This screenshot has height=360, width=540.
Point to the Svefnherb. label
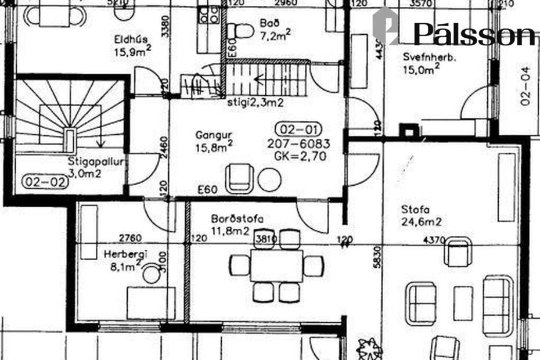point(430,57)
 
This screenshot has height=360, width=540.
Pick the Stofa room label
point(414,209)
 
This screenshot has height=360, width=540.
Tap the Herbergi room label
point(125,254)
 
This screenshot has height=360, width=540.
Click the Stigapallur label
point(95,163)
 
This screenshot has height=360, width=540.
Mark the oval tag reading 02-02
point(45,181)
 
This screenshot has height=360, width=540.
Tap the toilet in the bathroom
point(238,30)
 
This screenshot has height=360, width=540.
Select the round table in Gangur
point(269,179)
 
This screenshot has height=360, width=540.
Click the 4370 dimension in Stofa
point(435,239)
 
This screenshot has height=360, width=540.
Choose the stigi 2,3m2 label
point(255,103)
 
